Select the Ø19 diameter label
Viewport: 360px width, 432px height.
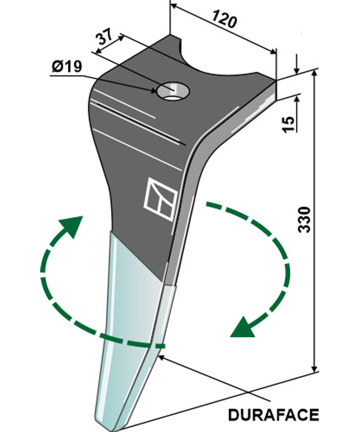66,67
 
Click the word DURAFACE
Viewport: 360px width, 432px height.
273,415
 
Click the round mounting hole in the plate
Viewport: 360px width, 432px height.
173,90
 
